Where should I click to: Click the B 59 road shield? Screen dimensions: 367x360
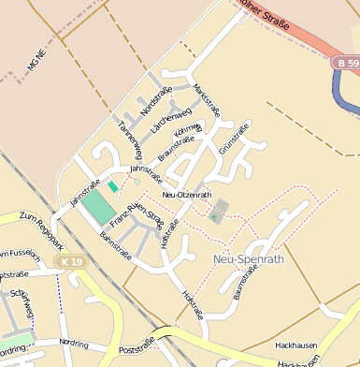[x=346, y=63]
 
